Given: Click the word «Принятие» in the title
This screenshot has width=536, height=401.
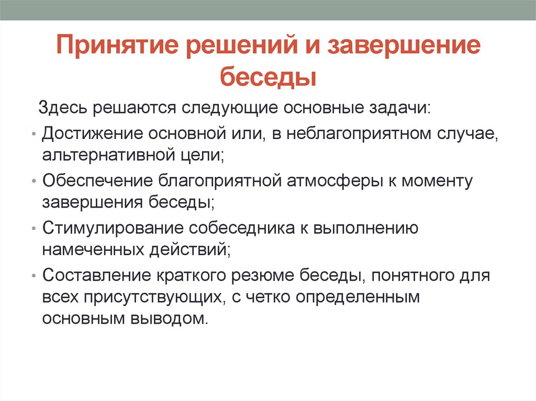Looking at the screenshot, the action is pos(117,45).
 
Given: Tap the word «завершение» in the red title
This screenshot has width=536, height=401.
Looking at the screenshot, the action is pos(404,44).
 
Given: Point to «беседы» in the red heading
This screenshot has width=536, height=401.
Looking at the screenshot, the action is pos(268,76).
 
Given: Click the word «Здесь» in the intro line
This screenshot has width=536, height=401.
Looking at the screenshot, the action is pos(63,108).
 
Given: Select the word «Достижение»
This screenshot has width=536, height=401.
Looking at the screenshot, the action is pos(92,133).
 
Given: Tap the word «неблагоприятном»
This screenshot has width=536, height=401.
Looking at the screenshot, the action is pos(359,134).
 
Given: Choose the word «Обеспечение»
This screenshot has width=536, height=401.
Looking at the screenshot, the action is pos(97,181).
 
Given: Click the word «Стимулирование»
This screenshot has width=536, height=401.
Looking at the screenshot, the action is pos(113,228).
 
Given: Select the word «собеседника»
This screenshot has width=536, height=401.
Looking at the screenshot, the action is pos(242,228).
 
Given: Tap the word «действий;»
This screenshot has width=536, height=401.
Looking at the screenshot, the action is pos(190,250).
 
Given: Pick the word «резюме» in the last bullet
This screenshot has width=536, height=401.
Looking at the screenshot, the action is pos(263,276).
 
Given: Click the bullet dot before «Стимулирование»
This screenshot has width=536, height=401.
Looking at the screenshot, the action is pos(33,228).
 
